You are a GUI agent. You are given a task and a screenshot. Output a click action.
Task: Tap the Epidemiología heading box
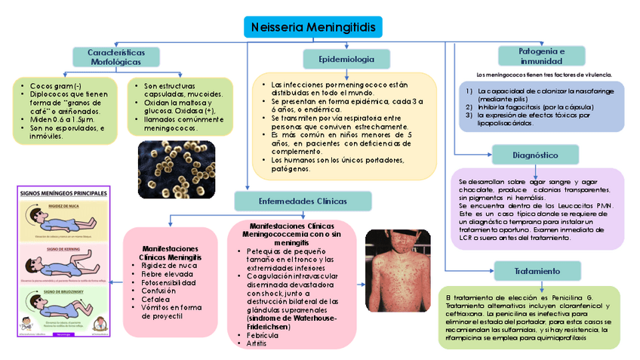point(346,59)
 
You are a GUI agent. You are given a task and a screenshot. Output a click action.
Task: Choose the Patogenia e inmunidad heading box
point(540,56)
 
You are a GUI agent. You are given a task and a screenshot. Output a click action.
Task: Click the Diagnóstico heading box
point(535,155)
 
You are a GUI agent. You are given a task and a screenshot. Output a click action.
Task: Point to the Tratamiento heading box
point(538,270)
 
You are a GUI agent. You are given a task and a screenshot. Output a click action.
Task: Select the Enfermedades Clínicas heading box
point(303,202)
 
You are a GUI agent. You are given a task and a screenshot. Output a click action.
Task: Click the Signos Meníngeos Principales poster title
point(63,192)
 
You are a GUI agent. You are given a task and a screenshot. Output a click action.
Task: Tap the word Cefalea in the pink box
point(157,298)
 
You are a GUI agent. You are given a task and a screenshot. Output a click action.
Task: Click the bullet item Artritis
point(257,343)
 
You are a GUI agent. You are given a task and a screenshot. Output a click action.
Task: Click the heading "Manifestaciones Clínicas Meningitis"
point(170,253)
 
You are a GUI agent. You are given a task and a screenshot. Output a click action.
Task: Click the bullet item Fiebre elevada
point(168,273)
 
